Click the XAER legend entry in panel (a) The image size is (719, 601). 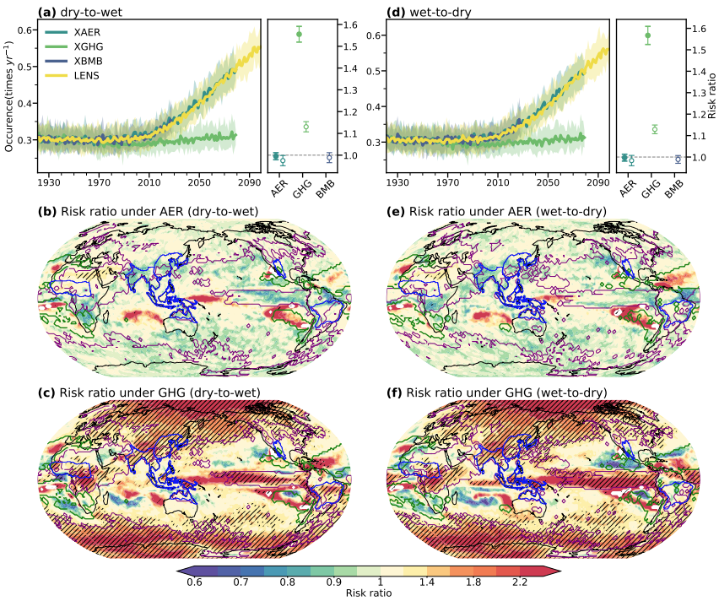[x=87, y=31]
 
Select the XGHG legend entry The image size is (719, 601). [x=87, y=46]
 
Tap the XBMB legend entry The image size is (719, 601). [x=87, y=61]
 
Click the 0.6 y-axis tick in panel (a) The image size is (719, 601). [x=24, y=30]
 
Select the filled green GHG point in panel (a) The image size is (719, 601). [x=299, y=34]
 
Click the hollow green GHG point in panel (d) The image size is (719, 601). [x=654, y=129]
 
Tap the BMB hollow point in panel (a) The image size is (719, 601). [x=329, y=157]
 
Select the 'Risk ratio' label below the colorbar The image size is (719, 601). [x=369, y=593]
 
